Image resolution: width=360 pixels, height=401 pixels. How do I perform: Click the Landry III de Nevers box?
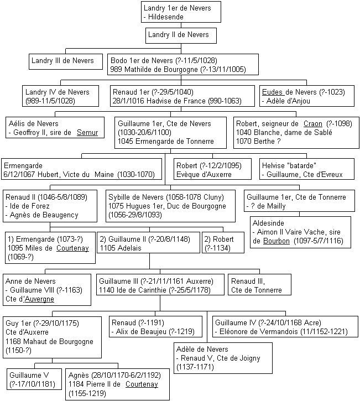coord(66,61)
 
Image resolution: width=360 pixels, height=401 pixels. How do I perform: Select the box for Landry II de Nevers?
coord(181,35)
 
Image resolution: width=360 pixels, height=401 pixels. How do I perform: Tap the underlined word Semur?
coord(87,133)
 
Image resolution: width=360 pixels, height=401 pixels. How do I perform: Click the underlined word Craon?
coord(312,123)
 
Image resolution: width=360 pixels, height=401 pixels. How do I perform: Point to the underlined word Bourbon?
coord(276,241)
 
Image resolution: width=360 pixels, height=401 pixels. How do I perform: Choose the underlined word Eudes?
coord(272,92)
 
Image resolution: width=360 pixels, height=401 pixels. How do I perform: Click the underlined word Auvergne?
coord(39,299)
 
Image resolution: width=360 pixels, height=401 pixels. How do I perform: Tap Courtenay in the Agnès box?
coord(142,384)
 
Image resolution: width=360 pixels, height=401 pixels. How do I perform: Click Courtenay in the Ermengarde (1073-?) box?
coord(72,248)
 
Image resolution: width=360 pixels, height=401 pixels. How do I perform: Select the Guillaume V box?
coord(34,379)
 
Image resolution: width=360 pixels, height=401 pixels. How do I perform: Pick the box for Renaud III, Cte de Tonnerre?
coord(259,285)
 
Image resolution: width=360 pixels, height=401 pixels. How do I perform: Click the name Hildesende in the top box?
coord(166,17)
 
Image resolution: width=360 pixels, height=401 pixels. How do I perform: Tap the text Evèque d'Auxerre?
coord(204,174)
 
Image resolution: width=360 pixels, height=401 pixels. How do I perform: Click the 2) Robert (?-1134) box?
coord(223,242)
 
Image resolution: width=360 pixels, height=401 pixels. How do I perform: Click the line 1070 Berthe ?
coord(258,141)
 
